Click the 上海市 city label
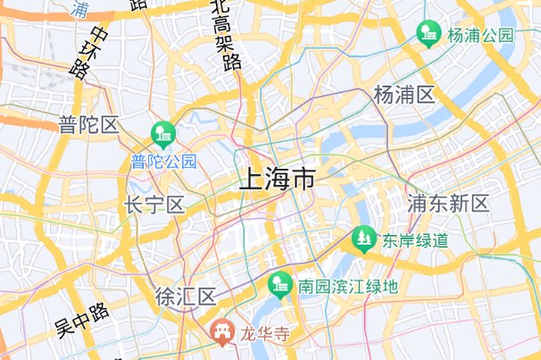(277, 180)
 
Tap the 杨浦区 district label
(404, 95)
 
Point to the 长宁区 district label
(154, 205)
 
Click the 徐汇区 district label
(185, 297)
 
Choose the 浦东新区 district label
(448, 204)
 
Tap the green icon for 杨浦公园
(429, 34)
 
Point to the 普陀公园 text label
(163, 162)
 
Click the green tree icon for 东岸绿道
(362, 239)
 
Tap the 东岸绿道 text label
(416, 240)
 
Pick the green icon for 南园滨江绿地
(280, 285)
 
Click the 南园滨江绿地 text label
(348, 287)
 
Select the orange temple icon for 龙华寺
(220, 332)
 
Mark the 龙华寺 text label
(267, 334)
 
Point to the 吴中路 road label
(81, 320)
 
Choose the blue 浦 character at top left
(79, 9)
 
